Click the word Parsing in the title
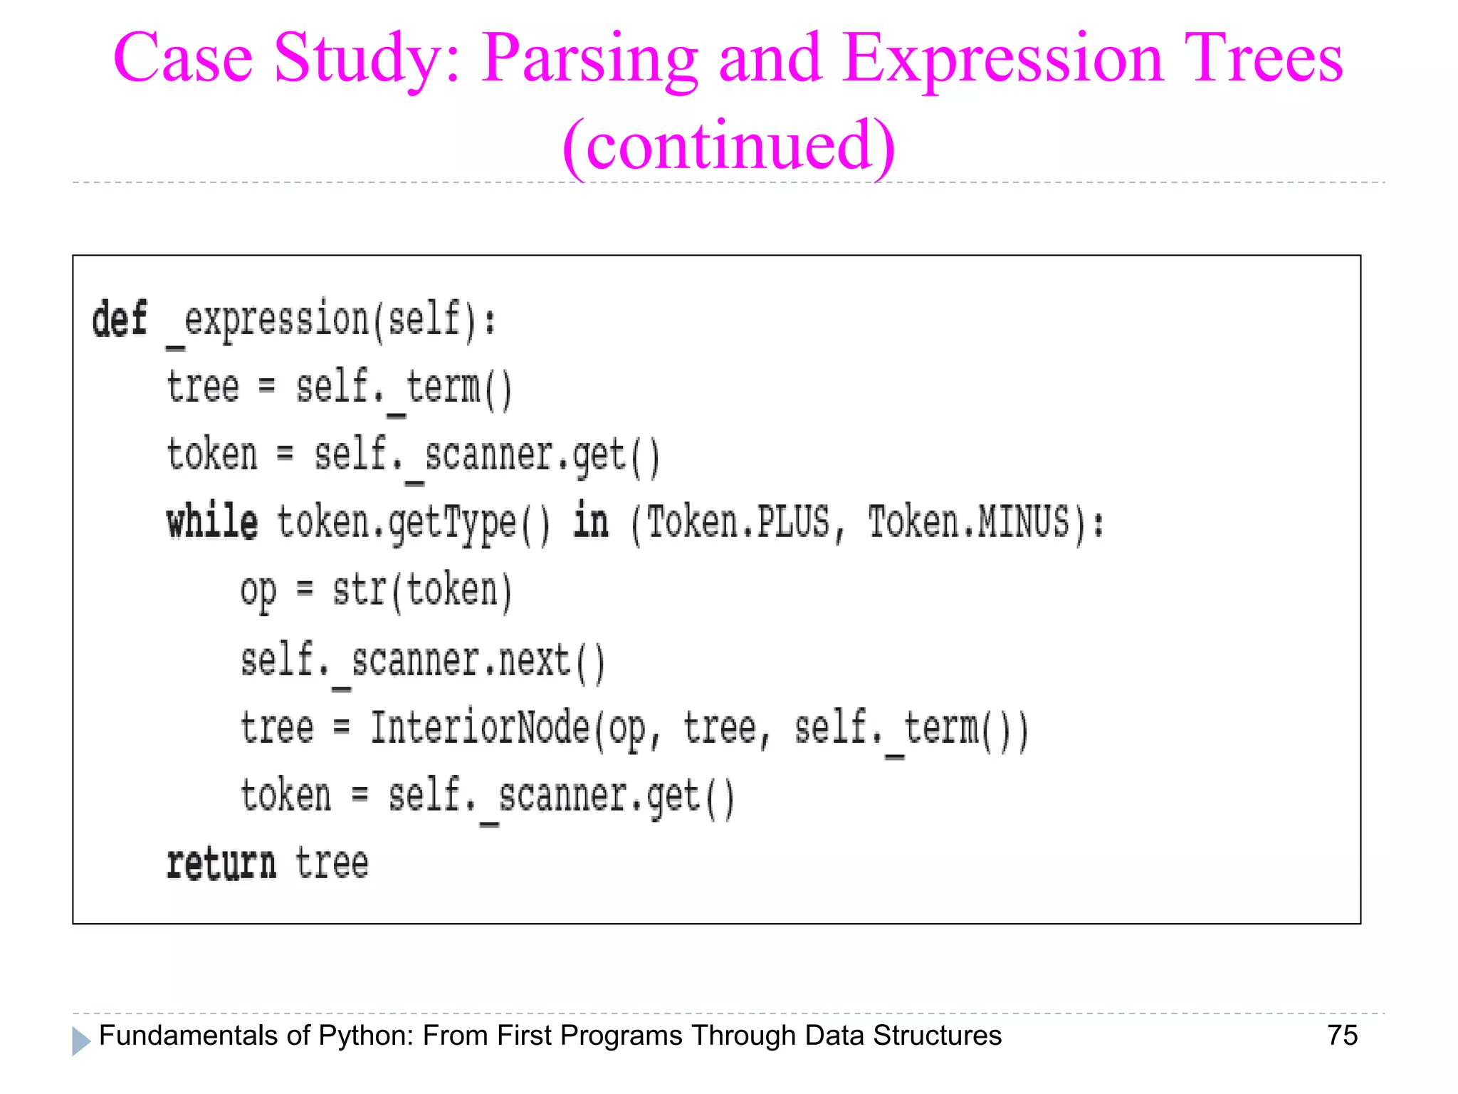tap(589, 61)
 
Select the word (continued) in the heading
tap(728, 146)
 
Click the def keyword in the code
tap(119, 318)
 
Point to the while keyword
tap(211, 523)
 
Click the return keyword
tap(221, 864)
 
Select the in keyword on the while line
tap(591, 521)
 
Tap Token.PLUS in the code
tap(738, 523)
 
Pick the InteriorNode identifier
tap(480, 728)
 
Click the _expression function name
tap(267, 320)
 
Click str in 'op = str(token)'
tap(360, 590)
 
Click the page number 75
tap(1342, 1036)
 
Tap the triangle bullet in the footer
tap(81, 1041)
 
